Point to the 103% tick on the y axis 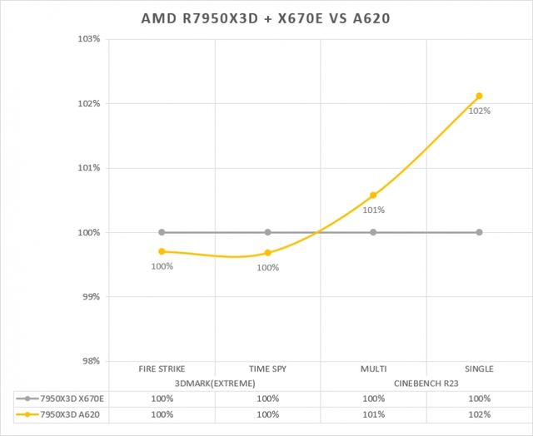[x=89, y=39]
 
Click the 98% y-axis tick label [x=91, y=361]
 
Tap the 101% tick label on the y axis [x=89, y=168]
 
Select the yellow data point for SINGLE [x=479, y=97]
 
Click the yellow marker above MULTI [x=373, y=196]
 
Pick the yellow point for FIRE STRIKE [x=162, y=251]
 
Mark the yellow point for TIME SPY [x=267, y=253]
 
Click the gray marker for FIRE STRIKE [x=162, y=232]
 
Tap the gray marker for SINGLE [x=479, y=232]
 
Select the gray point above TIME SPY [x=267, y=232]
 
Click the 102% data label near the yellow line [x=479, y=111]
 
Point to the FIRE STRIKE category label [x=162, y=369]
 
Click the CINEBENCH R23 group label [x=426, y=383]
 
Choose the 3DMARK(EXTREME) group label [x=214, y=383]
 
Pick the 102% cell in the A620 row [x=479, y=414]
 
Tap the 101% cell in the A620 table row [x=373, y=414]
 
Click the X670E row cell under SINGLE [x=479, y=399]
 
